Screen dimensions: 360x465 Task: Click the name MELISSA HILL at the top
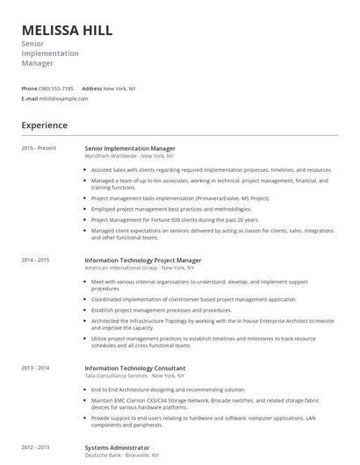pos(67,31)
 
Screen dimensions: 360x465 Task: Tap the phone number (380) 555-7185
pos(56,89)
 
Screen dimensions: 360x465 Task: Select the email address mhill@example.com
pos(64,99)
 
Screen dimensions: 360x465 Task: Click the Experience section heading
pos(45,125)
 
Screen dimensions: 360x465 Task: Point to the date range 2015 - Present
pos(40,148)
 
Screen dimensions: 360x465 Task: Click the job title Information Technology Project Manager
pos(142,261)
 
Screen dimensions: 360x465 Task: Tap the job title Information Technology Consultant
pos(134,368)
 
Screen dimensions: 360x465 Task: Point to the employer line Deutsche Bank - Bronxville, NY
pos(124,456)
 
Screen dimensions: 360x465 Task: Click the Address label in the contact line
pos(92,89)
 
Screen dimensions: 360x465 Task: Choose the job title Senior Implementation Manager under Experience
pos(130,148)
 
